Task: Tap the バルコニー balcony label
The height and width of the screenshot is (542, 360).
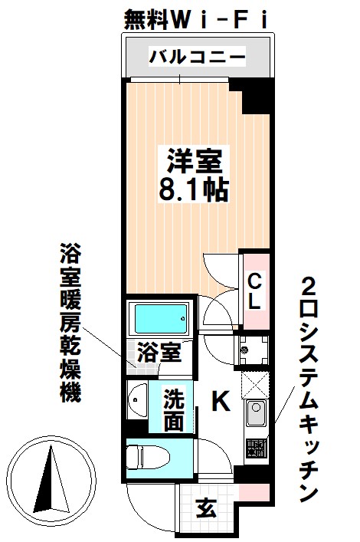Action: (197, 57)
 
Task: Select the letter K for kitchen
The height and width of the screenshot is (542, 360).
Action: (220, 400)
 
